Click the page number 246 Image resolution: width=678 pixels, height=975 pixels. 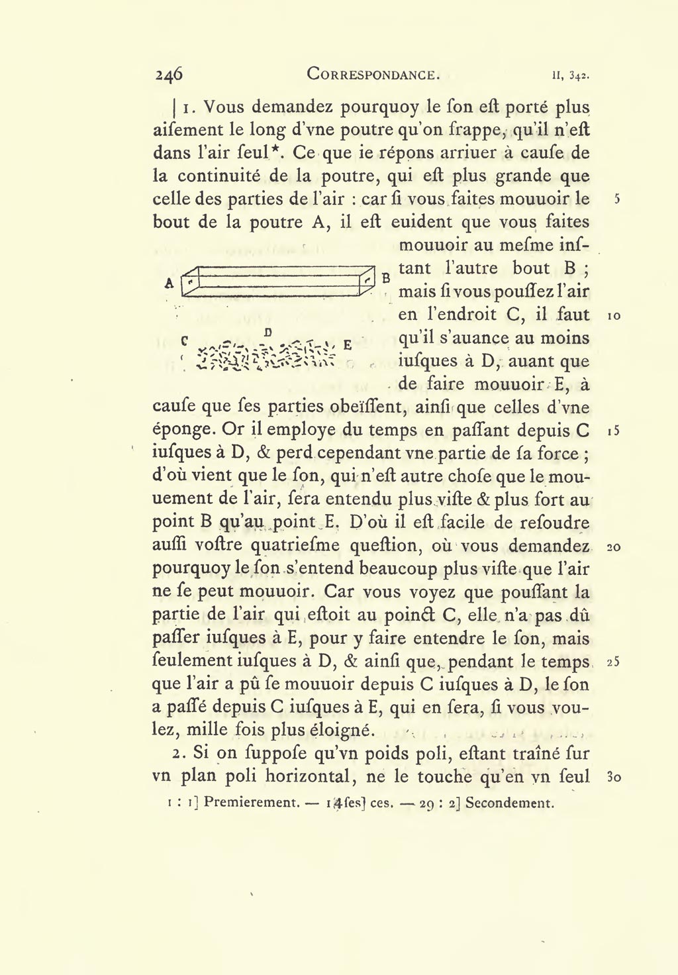coord(169,74)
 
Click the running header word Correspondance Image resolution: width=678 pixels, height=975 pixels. coord(374,74)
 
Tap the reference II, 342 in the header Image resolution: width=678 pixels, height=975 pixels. coord(570,75)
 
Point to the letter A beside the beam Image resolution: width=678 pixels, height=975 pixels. coord(169,283)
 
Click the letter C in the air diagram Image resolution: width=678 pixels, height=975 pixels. coord(184,340)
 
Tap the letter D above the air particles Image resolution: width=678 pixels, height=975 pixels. coord(268,331)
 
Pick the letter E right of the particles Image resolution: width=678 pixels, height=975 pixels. coord(347,345)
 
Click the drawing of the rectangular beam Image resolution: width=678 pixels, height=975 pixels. coord(275,281)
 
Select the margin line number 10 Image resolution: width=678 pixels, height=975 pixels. coord(613,316)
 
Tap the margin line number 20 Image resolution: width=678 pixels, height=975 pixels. coord(613,547)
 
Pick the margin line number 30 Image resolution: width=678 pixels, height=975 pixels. coord(613,778)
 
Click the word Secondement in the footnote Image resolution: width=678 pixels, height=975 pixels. coord(509,803)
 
